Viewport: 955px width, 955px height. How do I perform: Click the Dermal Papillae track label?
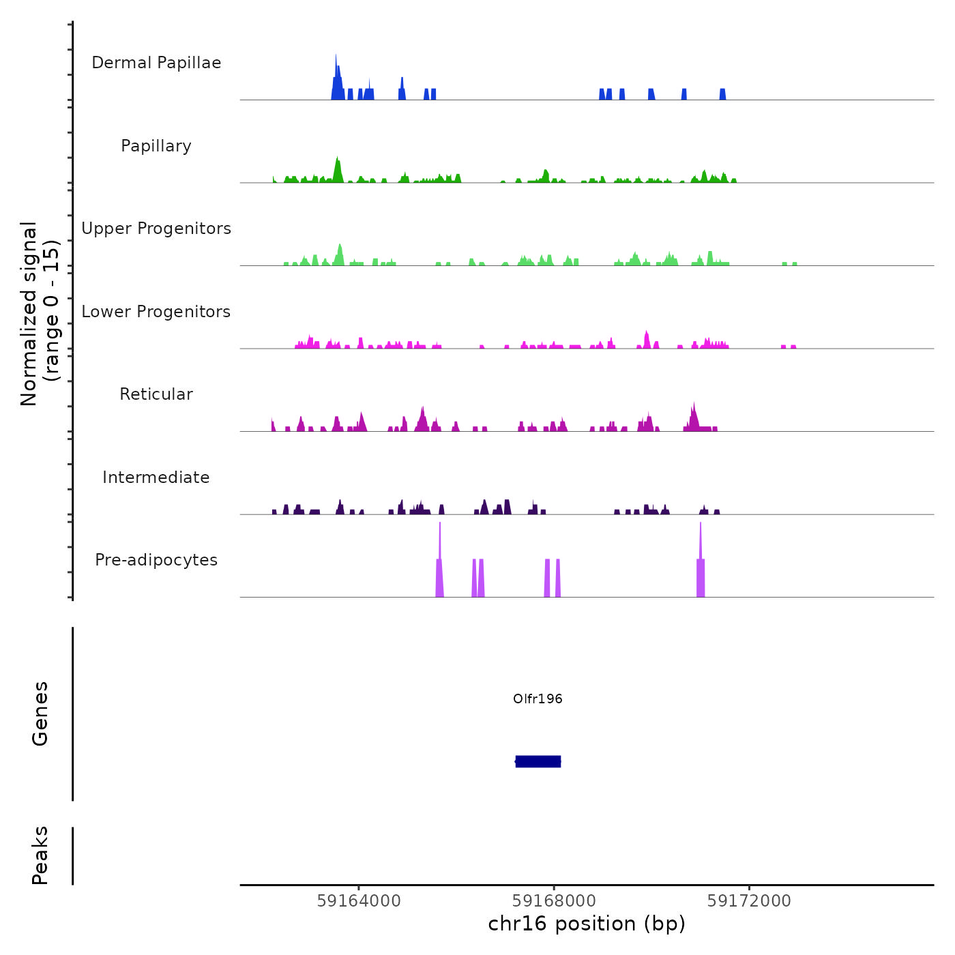pos(156,63)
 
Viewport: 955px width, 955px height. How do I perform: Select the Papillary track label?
pos(156,146)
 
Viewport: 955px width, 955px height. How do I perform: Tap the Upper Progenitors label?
pos(156,229)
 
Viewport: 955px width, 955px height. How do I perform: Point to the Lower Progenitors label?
pos(156,312)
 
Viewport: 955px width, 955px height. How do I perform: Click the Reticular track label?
pos(156,394)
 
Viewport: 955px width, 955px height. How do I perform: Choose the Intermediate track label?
pos(156,477)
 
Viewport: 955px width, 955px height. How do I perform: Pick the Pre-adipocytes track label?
pos(156,560)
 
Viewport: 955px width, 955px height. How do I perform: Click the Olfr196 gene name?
pos(538,699)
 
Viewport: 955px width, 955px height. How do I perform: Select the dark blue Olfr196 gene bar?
pos(538,761)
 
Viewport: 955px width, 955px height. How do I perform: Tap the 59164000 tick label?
pos(359,901)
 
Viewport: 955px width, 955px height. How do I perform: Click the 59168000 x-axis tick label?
pos(554,901)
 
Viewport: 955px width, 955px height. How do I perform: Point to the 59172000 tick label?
pos(749,901)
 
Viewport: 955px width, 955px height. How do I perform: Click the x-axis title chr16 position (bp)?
pos(587,924)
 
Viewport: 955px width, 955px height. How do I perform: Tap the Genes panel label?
pos(40,713)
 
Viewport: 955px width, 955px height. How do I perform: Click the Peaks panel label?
pos(40,855)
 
